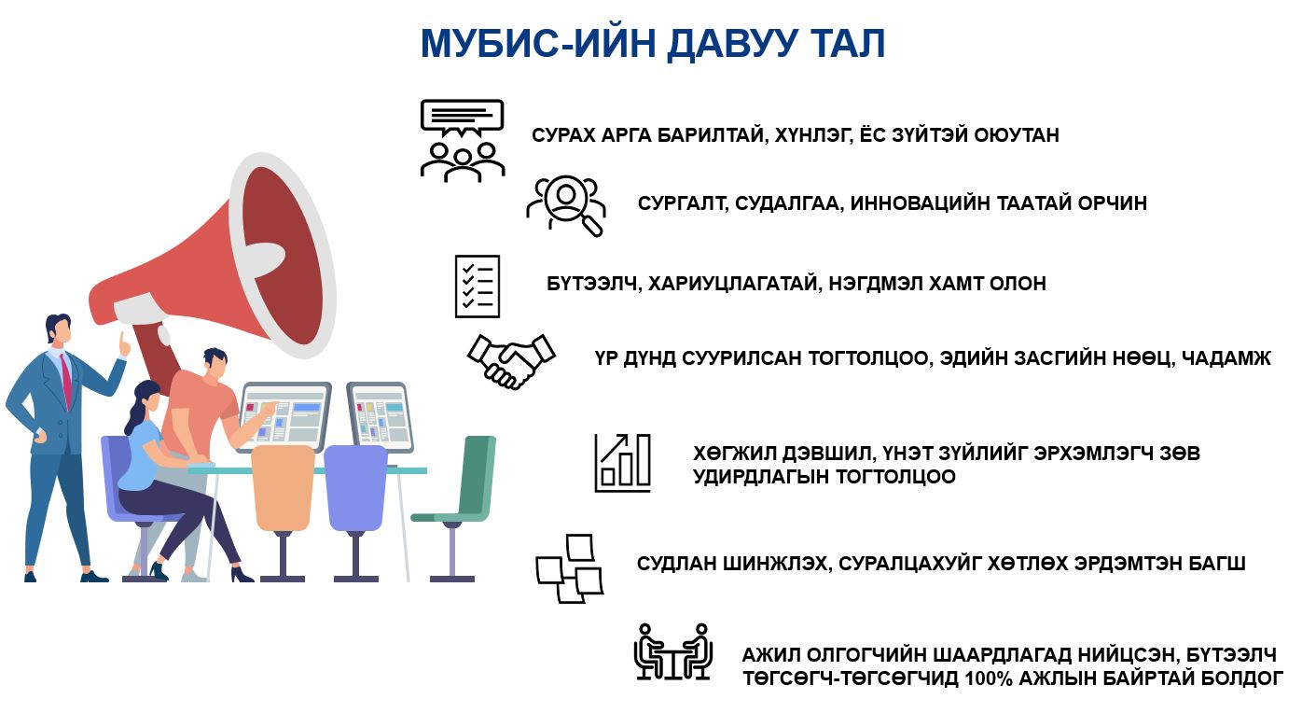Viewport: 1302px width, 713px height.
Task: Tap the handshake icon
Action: point(511,360)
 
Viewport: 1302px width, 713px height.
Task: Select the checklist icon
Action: point(478,287)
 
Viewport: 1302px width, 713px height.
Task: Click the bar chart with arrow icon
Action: point(622,463)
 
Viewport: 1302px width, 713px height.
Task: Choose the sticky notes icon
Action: point(570,568)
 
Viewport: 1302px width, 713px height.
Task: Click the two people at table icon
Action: point(673,652)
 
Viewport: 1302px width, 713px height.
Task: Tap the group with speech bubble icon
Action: point(463,141)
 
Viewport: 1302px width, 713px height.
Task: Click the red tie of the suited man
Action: point(66,381)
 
